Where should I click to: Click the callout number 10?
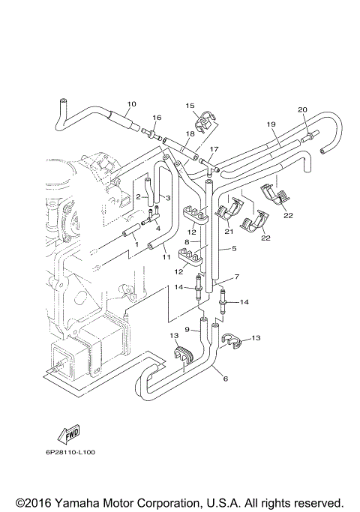(x=131, y=103)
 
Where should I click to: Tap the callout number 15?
(x=190, y=106)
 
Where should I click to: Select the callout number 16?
(x=157, y=118)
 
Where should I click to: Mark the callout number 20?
(x=302, y=110)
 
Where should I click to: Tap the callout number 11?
(x=166, y=257)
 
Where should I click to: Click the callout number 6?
(x=226, y=379)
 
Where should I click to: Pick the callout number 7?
(x=236, y=277)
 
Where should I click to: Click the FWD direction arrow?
(x=68, y=435)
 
